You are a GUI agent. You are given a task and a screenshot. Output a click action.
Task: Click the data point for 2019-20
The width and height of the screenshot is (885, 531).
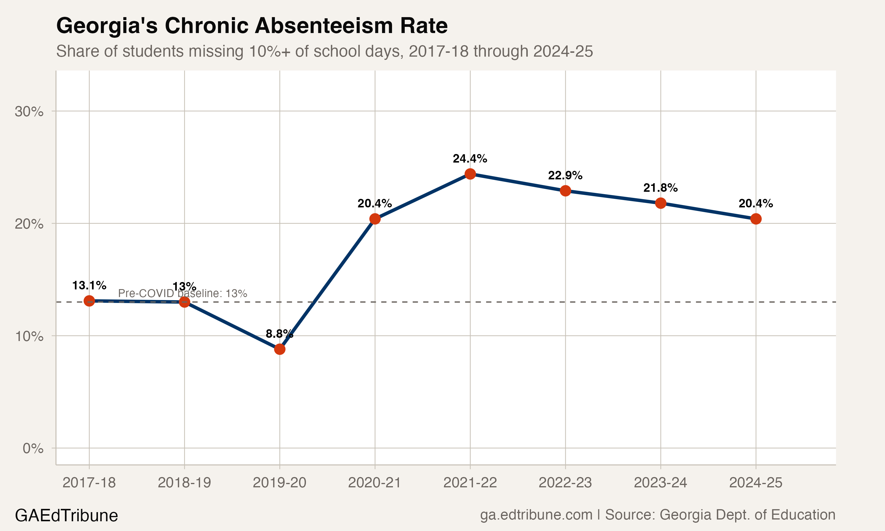(280, 349)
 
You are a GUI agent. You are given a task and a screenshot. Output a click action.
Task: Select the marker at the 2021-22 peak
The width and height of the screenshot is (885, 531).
(470, 174)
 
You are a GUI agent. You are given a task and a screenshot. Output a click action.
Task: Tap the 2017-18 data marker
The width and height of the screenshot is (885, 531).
(89, 301)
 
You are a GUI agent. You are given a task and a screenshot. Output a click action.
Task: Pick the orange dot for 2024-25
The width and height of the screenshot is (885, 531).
(756, 219)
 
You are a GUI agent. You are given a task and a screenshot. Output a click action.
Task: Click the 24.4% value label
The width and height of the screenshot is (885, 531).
(470, 158)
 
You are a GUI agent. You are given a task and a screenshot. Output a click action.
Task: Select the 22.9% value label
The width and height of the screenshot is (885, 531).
(565, 175)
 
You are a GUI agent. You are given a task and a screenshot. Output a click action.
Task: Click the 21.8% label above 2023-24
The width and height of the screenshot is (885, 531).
(660, 188)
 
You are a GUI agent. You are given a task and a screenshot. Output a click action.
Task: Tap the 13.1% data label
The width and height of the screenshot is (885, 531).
(89, 286)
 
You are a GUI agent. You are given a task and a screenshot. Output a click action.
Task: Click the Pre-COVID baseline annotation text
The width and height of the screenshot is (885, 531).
(182, 294)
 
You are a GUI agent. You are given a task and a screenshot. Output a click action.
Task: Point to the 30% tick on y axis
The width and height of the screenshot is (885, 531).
(29, 112)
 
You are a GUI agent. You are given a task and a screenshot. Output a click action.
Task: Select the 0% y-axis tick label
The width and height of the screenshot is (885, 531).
(33, 448)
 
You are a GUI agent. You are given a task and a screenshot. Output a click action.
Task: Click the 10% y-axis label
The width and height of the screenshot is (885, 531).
(29, 336)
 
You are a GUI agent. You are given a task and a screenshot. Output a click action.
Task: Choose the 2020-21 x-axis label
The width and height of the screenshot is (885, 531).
(375, 483)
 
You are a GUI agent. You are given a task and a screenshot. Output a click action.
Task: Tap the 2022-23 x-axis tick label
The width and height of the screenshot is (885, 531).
(565, 483)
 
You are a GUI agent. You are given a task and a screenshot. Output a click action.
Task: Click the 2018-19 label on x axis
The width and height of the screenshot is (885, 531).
(184, 483)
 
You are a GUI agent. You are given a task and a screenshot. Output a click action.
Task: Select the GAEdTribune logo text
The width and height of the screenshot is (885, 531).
(67, 516)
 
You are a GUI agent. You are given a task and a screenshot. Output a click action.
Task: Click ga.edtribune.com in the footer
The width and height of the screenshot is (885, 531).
(536, 515)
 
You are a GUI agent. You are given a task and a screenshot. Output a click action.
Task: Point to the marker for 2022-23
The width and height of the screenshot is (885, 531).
(565, 191)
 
